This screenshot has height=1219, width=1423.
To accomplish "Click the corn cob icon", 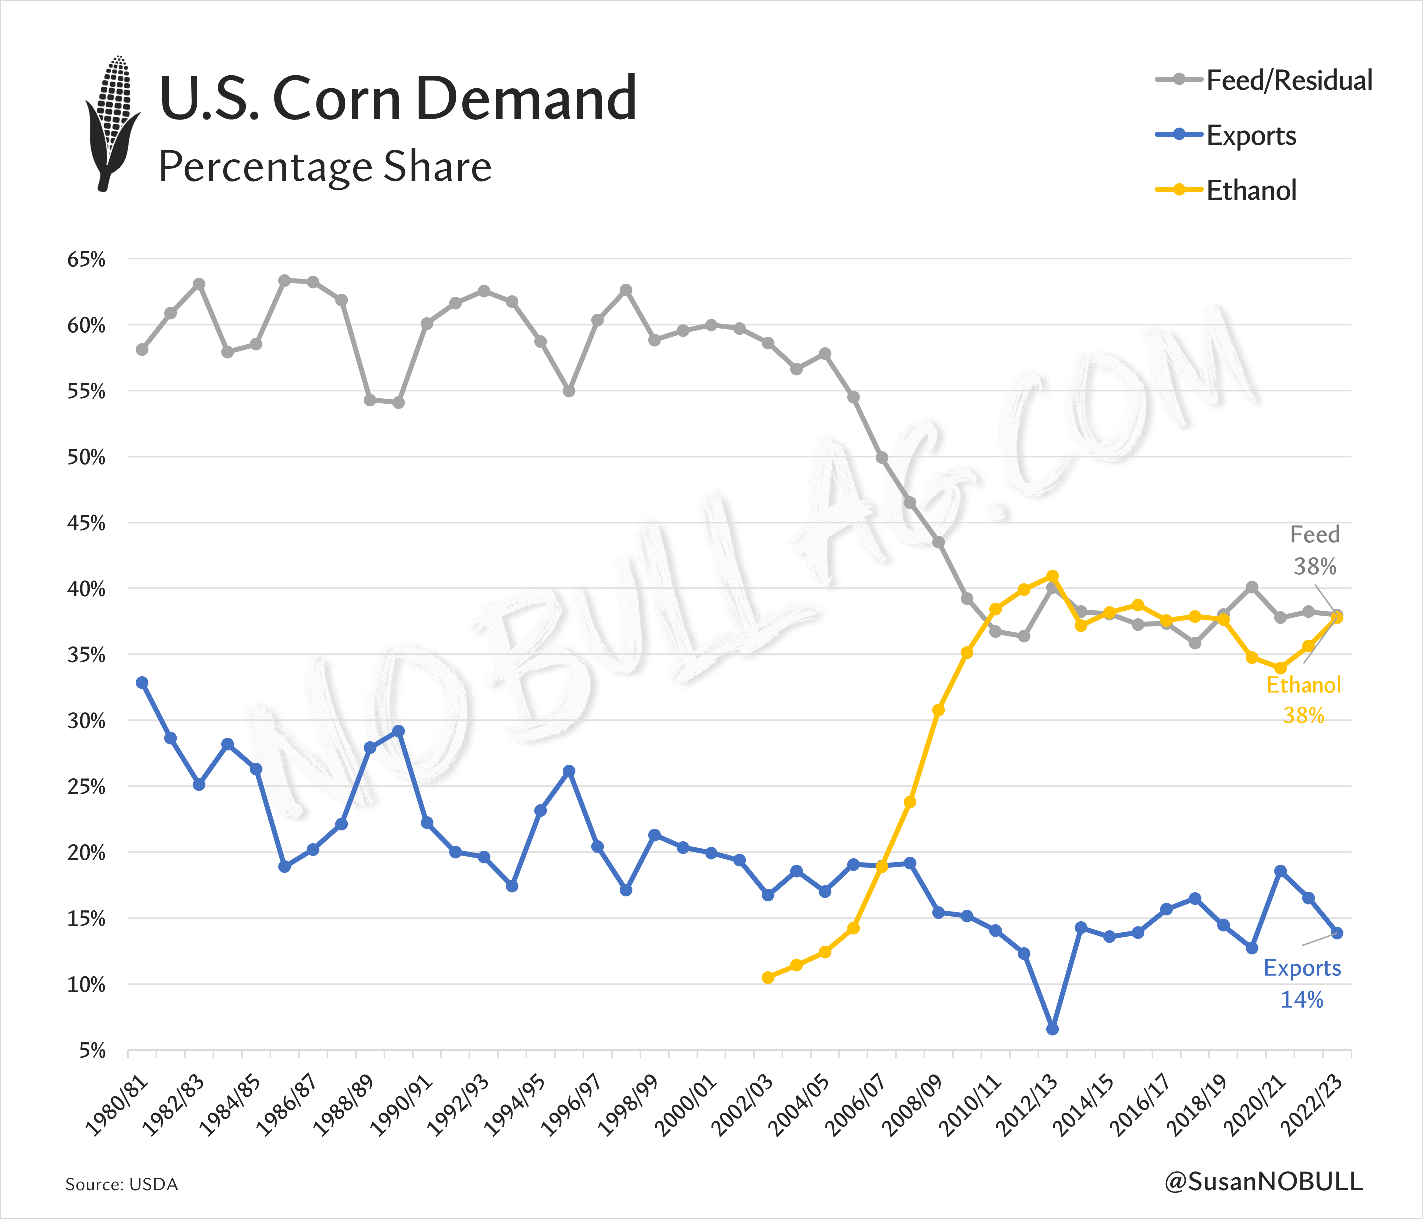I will pos(112,123).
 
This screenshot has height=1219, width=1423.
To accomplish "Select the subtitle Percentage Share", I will pos(325,167).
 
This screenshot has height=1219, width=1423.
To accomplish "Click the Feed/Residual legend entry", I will pos(1264,80).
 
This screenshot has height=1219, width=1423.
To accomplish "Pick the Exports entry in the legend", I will pos(1227,135).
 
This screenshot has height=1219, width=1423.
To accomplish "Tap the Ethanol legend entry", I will pos(1227,190).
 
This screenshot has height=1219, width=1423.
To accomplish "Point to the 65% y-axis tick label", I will pos(86,260).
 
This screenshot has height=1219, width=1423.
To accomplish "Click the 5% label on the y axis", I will pos(92,1050).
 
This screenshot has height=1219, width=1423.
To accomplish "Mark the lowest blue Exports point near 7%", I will pos(1052,1029).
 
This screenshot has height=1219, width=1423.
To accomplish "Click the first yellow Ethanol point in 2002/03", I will pos(768,977).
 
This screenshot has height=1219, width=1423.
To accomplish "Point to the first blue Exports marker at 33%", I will pos(142,682).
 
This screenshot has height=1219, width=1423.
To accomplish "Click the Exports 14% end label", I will pos(1302,983).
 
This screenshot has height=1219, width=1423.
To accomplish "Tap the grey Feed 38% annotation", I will pos(1314,550).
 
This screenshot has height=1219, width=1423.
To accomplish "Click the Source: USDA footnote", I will pos(121,1184).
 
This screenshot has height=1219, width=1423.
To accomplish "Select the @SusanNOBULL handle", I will pos(1263,1181).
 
